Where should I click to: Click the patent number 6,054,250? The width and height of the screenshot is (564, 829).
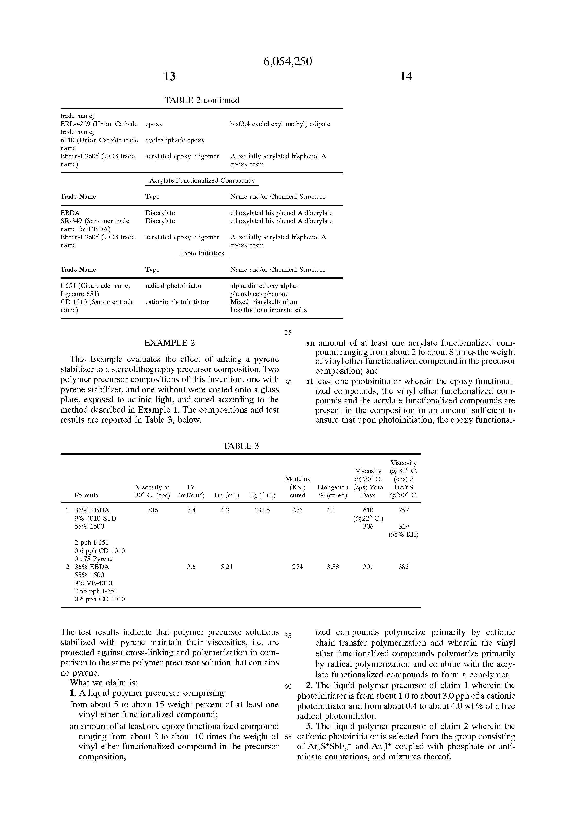(288, 62)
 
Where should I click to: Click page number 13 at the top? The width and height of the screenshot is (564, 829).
(169, 76)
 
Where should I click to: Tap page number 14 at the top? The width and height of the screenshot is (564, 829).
(406, 76)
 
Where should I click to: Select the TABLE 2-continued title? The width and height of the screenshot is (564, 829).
(202, 100)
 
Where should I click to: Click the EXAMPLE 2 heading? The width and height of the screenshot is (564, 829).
(169, 343)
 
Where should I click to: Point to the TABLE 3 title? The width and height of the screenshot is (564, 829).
(241, 446)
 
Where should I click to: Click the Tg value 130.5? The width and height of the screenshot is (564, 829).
(262, 510)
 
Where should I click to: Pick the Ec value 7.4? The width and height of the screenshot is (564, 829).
(192, 510)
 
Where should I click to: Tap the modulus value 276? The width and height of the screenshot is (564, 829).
(297, 510)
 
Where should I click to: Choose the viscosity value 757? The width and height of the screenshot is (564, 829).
(404, 510)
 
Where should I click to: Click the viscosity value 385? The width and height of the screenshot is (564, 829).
(404, 567)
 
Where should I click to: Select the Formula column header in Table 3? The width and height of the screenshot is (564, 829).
(87, 495)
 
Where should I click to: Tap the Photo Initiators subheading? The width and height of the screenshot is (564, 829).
(202, 253)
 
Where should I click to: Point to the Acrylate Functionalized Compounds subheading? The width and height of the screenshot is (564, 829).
(202, 180)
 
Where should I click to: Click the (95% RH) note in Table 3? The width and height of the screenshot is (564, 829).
(404, 534)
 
